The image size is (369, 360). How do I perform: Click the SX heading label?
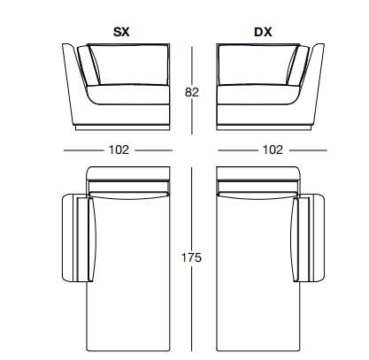121,32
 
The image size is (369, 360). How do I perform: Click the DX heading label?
263,32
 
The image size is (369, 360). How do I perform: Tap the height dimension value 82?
192,92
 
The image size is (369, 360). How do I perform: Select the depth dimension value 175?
191,257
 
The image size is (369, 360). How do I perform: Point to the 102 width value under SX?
119,149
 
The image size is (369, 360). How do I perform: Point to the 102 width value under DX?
273,149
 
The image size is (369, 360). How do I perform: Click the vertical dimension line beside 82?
192,90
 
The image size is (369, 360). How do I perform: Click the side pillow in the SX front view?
89,65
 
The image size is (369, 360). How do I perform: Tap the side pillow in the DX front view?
298,65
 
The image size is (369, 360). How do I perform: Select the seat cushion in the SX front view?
127,95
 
